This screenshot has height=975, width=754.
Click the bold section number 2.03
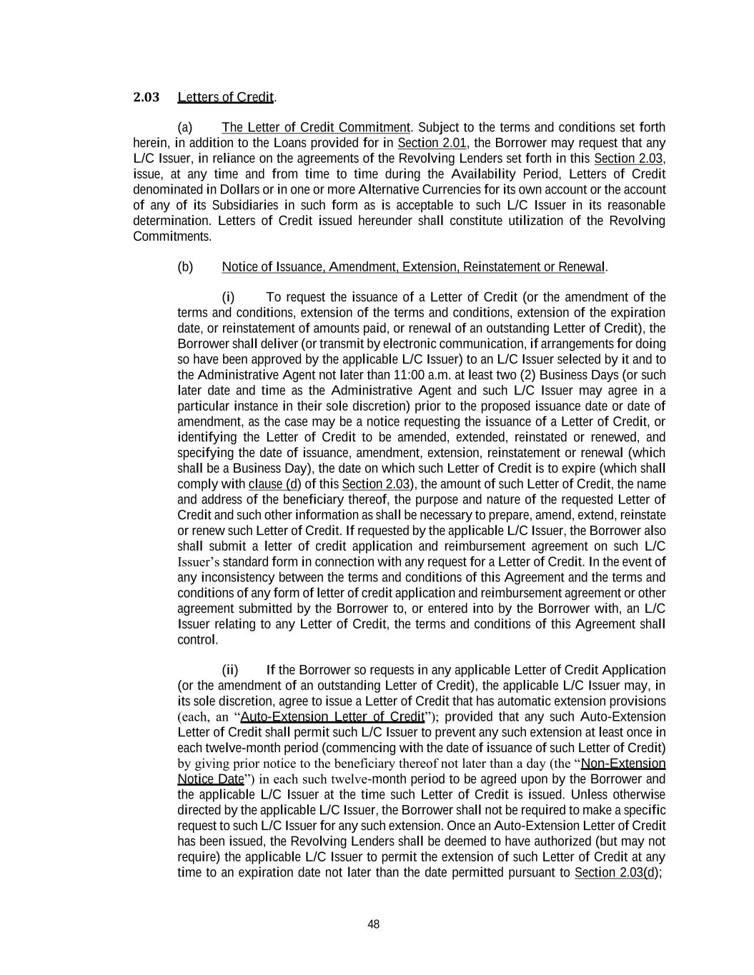coord(146,97)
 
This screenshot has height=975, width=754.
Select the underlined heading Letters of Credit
coord(226,97)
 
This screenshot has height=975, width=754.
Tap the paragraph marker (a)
coord(185,128)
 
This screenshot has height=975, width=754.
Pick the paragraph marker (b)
coord(185,267)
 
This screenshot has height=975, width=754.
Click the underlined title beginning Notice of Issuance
coord(414,267)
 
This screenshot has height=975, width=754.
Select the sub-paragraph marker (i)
coord(228,297)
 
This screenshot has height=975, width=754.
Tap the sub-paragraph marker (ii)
coord(229,670)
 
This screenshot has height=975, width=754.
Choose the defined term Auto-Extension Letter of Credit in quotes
coord(332,717)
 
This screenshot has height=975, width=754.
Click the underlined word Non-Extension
coord(623,764)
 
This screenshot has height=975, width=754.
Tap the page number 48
coord(373,924)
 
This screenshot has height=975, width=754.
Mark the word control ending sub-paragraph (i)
coord(197,640)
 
